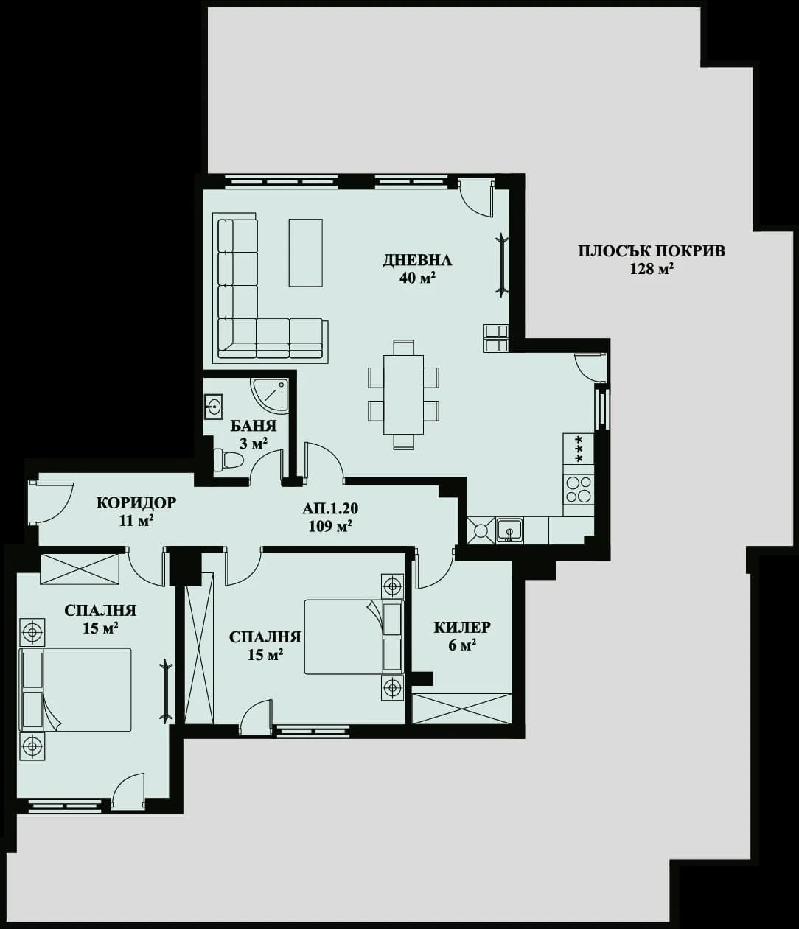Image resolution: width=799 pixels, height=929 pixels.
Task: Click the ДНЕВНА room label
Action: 416,260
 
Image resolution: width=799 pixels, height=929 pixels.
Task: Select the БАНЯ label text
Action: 253,426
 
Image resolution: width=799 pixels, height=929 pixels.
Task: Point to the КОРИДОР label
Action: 136,502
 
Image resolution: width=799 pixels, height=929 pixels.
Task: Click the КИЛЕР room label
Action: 461,628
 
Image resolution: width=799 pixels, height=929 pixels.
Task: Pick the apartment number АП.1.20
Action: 330,508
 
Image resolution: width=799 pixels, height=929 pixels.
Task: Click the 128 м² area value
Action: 652,269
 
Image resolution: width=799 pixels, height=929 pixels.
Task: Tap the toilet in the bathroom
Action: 228,460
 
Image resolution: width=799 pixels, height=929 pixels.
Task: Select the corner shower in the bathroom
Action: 271,395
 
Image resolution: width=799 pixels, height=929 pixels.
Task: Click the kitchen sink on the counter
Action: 509,530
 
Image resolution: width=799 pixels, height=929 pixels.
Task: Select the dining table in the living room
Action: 403,394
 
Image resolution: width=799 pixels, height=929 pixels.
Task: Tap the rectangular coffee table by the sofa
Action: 305,252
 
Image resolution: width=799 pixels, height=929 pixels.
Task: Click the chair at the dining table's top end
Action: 403,347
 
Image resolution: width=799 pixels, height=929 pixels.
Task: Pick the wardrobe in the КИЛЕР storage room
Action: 461,709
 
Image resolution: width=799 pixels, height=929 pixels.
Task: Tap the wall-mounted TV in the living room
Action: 501,265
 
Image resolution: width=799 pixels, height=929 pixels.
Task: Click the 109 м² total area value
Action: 330,526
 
